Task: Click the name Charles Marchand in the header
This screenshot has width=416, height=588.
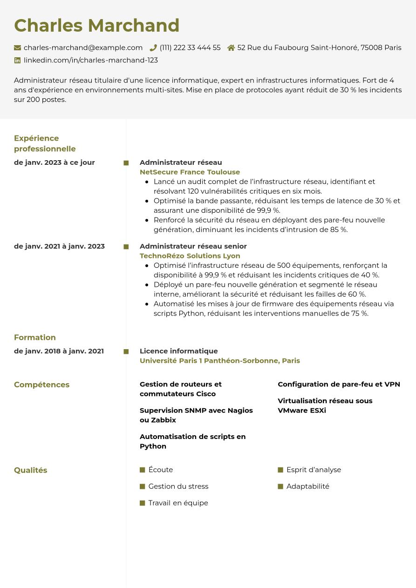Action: (96, 26)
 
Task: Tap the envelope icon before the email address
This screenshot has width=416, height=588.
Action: (18, 47)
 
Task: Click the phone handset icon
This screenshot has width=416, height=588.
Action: (153, 47)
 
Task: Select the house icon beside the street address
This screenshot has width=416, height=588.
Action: (231, 47)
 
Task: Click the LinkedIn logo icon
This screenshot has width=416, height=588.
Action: (18, 60)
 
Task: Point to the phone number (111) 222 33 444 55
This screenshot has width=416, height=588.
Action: (190, 47)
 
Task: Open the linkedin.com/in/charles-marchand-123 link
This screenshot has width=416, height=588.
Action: (91, 60)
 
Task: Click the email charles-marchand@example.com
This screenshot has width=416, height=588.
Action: (83, 47)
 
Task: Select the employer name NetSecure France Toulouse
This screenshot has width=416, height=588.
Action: (190, 172)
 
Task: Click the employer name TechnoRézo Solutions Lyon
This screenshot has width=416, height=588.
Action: (190, 256)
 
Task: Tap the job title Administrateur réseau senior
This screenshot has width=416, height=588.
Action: (193, 246)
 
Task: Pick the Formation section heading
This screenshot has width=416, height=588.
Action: (35, 338)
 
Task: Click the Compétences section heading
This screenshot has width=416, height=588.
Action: (41, 385)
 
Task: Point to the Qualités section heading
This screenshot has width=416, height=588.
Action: (31, 470)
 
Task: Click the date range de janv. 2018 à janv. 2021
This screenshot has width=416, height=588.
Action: (59, 351)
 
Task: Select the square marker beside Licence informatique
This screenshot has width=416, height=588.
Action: (126, 351)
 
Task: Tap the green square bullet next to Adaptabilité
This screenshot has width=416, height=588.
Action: (280, 487)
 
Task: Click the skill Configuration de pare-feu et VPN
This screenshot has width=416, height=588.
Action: (339, 384)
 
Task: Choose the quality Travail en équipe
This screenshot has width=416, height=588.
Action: (178, 503)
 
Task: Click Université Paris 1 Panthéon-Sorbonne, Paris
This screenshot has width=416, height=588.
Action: (219, 360)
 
